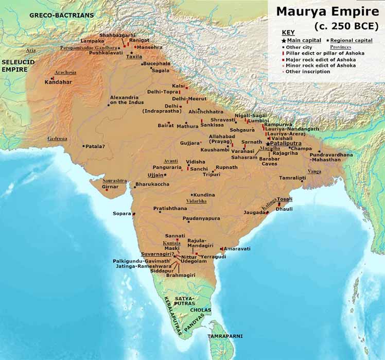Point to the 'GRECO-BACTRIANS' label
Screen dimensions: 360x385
tap(62, 15)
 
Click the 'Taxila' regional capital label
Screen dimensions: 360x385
tap(134, 57)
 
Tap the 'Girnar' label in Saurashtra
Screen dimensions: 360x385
tap(110, 186)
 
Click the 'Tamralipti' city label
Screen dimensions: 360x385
tap(292, 178)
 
